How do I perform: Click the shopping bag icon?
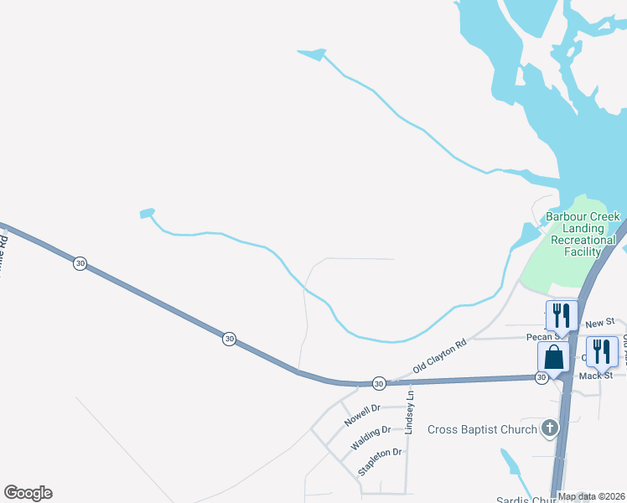[x=553, y=357]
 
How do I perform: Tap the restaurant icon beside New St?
[x=562, y=316]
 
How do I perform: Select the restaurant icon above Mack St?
[x=602, y=351]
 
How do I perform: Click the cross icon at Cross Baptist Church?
[x=549, y=429]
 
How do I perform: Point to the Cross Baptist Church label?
[x=482, y=430]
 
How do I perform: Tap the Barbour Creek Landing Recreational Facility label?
[x=583, y=234]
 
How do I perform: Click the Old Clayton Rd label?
[x=438, y=357]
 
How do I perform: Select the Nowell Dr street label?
[x=362, y=413]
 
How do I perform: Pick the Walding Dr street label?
[x=370, y=437]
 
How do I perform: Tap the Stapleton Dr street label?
[x=381, y=462]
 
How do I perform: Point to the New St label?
[x=600, y=323]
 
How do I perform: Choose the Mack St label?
[x=596, y=376]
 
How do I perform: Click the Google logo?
[x=28, y=493]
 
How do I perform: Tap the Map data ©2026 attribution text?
[x=592, y=496]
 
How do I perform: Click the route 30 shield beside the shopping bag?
[x=541, y=378]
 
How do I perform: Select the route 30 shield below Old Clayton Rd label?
[x=379, y=382]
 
